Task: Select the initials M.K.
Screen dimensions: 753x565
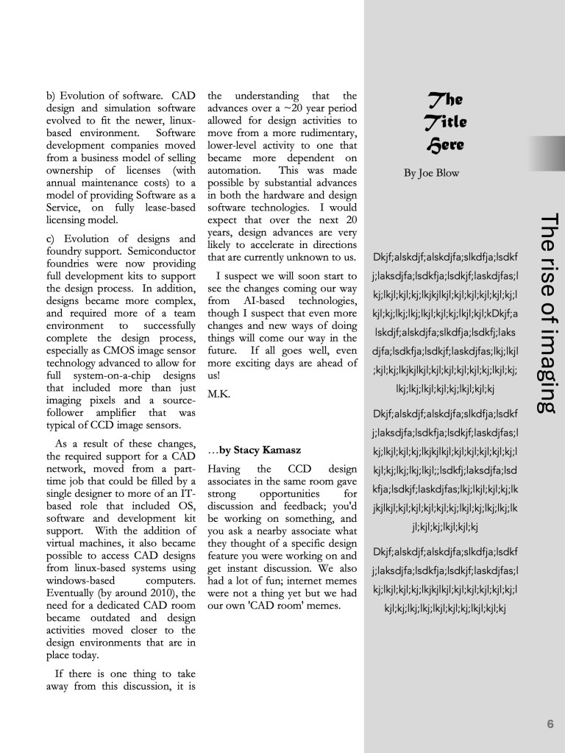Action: tap(218, 394)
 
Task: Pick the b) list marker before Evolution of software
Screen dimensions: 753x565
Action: tap(52, 96)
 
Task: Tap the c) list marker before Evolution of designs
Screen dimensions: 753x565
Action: tap(52, 238)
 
